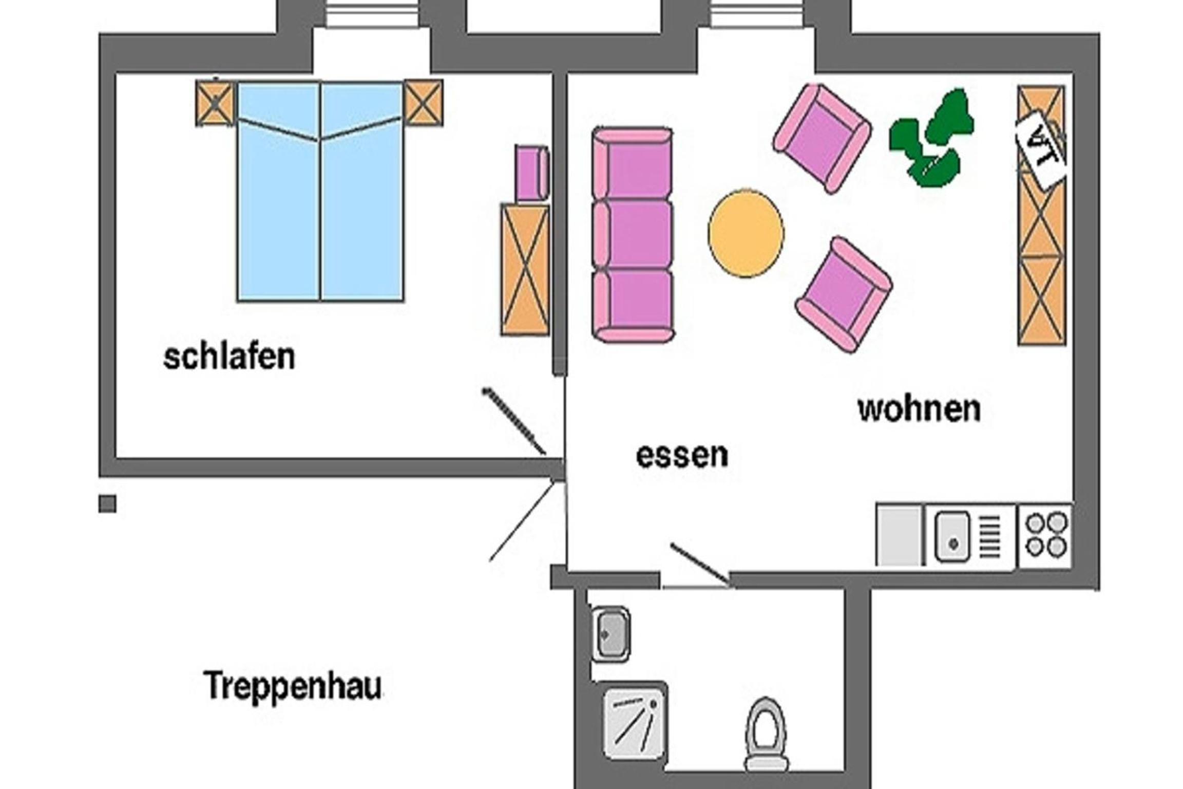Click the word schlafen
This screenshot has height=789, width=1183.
point(229,356)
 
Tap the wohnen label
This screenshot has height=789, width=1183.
point(919,409)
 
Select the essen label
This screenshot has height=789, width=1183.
point(682,455)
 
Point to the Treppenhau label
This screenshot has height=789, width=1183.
point(293,686)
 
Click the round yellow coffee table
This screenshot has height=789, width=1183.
point(746,233)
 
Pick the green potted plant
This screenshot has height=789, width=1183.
point(931,138)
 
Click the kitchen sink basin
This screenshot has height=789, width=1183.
point(952,536)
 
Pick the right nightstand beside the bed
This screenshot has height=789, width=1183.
point(423,103)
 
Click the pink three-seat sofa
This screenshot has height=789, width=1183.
point(633,235)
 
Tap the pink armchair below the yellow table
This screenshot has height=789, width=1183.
point(844,294)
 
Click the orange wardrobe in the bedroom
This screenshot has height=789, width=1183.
point(525,270)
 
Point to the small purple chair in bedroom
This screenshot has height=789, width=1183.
point(532,173)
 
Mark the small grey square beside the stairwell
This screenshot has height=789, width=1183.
point(107,503)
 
